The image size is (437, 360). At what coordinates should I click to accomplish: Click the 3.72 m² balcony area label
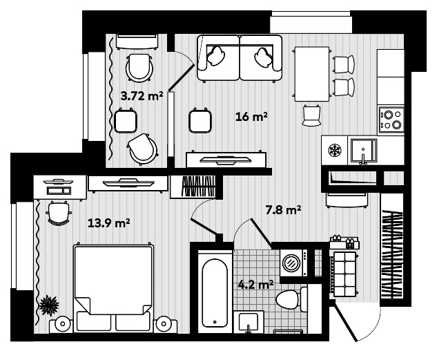click(142, 97)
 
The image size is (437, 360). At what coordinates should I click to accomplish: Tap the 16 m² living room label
click(251, 117)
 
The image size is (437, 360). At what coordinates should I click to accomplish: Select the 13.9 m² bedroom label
click(109, 222)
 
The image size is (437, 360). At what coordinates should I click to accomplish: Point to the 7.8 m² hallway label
click(284, 209)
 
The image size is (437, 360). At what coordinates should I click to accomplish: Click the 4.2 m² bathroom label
click(255, 283)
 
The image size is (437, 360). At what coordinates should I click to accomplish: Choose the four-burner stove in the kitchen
click(392, 120)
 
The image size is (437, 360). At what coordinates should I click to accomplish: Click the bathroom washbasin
click(249, 323)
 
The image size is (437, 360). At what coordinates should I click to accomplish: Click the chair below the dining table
click(312, 114)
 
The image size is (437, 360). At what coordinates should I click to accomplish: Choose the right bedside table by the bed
click(164, 323)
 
